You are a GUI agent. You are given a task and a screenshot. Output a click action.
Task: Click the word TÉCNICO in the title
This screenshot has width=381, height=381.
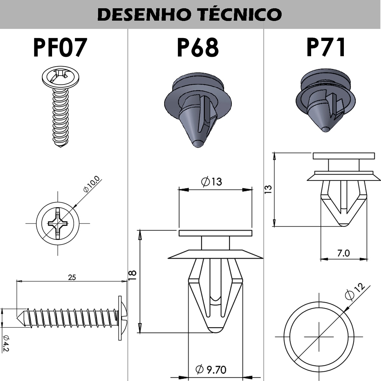(x=240, y=14)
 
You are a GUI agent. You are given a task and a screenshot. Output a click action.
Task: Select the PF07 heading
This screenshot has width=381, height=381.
(x=60, y=47)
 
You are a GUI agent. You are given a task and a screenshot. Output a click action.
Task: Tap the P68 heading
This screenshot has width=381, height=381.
(x=198, y=47)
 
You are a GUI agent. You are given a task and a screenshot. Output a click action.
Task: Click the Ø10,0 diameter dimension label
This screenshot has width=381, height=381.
(x=91, y=184)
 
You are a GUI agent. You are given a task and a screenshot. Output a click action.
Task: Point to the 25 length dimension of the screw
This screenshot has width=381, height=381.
(x=72, y=277)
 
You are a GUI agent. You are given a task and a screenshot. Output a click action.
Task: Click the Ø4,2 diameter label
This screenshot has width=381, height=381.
(x=6, y=344)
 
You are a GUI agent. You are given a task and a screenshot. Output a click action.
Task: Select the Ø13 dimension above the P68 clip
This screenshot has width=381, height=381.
(x=211, y=182)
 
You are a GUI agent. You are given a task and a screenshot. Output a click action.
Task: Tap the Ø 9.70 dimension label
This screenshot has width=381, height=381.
(x=211, y=369)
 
